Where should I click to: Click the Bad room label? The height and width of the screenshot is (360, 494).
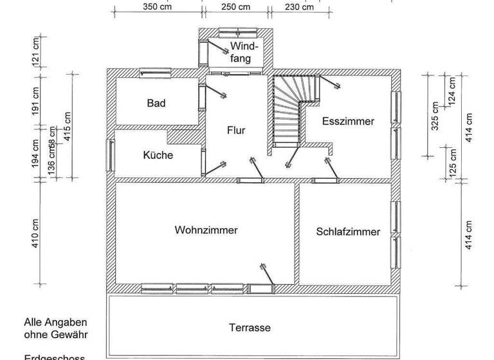156,103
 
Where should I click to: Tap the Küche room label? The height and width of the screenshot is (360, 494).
158,155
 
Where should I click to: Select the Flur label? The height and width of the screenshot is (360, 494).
236,130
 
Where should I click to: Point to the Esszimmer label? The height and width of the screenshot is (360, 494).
348,121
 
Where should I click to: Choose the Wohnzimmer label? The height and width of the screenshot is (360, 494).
206,230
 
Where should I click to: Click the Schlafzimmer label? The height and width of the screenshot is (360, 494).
348,231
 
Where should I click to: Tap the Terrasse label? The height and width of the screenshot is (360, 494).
250,327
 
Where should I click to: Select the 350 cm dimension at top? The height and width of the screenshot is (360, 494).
157,8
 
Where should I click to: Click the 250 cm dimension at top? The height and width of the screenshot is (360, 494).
235,8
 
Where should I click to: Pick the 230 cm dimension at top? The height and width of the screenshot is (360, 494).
299,8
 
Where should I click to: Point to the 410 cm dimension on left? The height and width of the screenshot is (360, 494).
36,233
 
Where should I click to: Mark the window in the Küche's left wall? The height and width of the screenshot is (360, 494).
111,156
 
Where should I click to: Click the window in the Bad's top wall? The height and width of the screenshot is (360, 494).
154,73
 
